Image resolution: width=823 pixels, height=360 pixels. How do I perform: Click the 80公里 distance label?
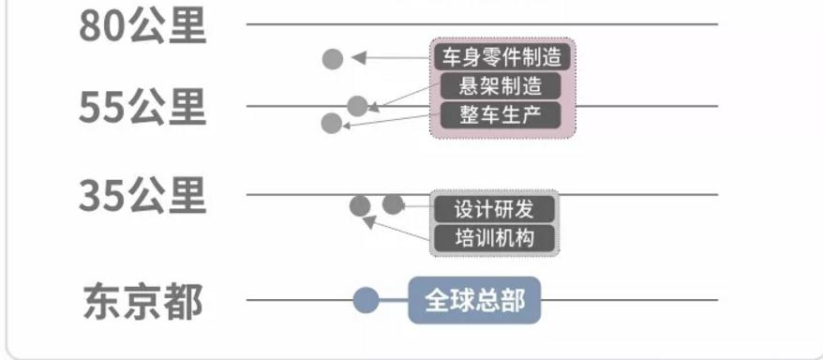click(141, 25)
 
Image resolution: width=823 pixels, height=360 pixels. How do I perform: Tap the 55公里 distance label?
click(141, 108)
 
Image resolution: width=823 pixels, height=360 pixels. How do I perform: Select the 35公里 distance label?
click(141, 196)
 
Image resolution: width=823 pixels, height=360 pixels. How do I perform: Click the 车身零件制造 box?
click(501, 56)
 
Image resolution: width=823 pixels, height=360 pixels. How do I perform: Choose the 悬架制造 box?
click(501, 87)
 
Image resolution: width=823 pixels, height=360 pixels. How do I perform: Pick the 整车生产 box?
click(501, 115)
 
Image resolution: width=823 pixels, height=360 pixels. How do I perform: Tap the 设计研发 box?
click(494, 208)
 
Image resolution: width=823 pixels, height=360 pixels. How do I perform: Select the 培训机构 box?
click(494, 237)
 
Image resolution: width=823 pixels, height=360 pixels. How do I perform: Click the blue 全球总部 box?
click(475, 300)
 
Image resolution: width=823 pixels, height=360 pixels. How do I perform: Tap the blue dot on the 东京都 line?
click(367, 301)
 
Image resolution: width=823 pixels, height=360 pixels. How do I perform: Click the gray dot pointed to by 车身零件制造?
click(333, 58)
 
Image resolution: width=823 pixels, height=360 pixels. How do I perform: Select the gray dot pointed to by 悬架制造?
click(357, 105)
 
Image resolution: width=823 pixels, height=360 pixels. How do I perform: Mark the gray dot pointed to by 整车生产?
click(331, 123)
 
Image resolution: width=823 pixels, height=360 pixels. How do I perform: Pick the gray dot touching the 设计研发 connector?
click(394, 204)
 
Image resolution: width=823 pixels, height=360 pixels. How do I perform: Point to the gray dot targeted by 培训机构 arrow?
click(359, 206)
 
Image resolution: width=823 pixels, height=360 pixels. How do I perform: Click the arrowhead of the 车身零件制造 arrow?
click(357, 58)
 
